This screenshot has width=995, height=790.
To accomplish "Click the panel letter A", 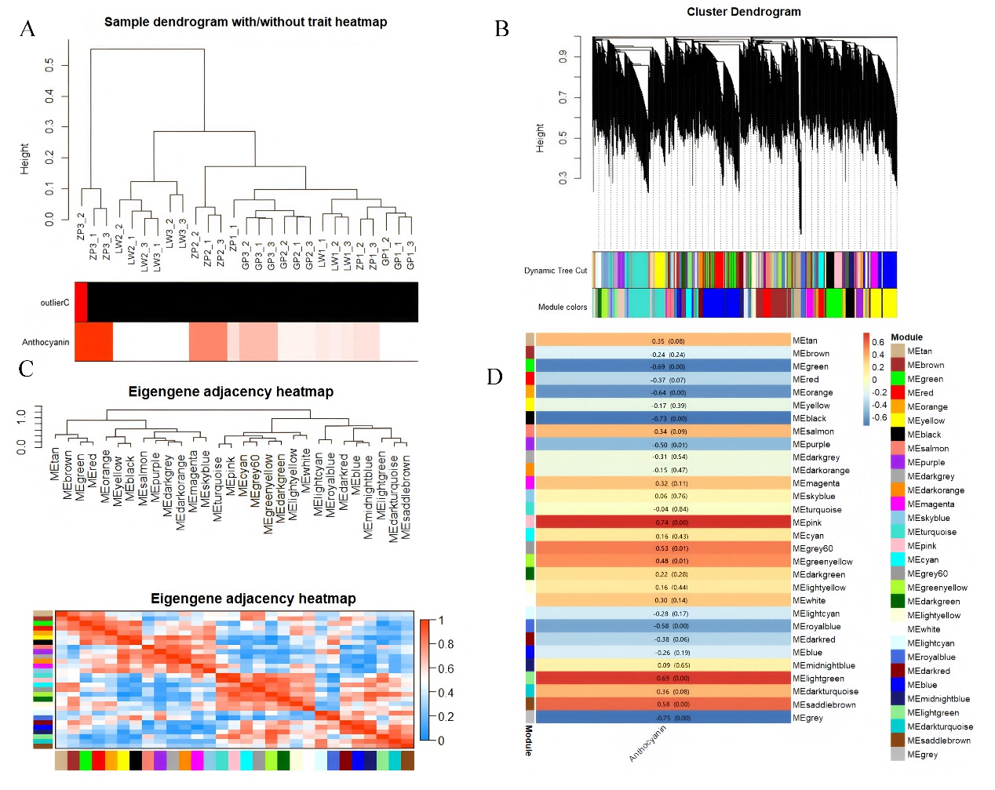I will (x=27, y=30).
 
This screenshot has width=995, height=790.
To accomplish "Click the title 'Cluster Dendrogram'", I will (x=743, y=12).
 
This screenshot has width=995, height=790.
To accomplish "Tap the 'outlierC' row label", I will (x=55, y=303).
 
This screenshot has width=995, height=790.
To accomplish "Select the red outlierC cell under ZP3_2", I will (x=81, y=302).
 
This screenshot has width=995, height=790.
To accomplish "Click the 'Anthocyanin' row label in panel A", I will (x=46, y=342).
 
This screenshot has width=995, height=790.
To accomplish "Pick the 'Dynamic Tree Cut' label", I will (x=556, y=271).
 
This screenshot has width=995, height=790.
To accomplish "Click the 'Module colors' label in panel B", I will (x=562, y=308).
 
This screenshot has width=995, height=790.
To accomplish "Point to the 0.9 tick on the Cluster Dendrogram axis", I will (x=563, y=56).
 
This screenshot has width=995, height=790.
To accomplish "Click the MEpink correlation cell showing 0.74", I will (x=663, y=522).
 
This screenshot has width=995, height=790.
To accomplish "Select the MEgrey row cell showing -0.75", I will (x=663, y=718).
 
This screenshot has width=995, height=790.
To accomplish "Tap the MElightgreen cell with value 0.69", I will (x=663, y=679).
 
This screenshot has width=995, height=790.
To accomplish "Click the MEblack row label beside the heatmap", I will (x=809, y=419).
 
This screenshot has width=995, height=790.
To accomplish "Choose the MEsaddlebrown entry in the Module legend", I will (x=939, y=741).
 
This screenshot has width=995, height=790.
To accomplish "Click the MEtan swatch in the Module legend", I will (x=898, y=351).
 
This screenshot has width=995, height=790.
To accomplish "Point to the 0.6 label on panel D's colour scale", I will (x=878, y=342).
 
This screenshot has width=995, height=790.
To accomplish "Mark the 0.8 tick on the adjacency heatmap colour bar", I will (x=446, y=644).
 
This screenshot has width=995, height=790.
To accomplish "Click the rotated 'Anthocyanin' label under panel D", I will (x=647, y=743).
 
